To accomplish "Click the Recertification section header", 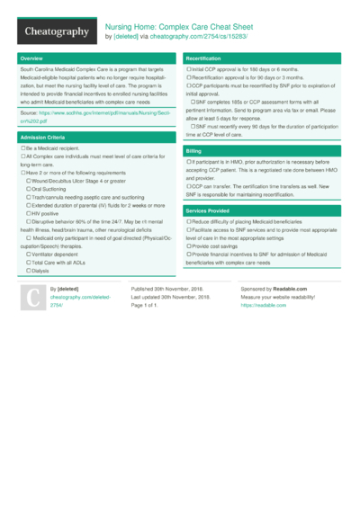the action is click(203, 58).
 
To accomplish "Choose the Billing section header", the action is click(193, 151).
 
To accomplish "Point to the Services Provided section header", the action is click(209, 210).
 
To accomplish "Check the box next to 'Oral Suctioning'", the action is click(30, 190).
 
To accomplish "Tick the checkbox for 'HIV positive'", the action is click(30, 213).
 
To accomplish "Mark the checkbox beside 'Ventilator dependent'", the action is click(30, 254).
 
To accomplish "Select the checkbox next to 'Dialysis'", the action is click(30, 270).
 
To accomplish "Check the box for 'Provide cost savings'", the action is click(188, 245).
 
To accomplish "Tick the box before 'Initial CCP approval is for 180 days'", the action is click(188, 69).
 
